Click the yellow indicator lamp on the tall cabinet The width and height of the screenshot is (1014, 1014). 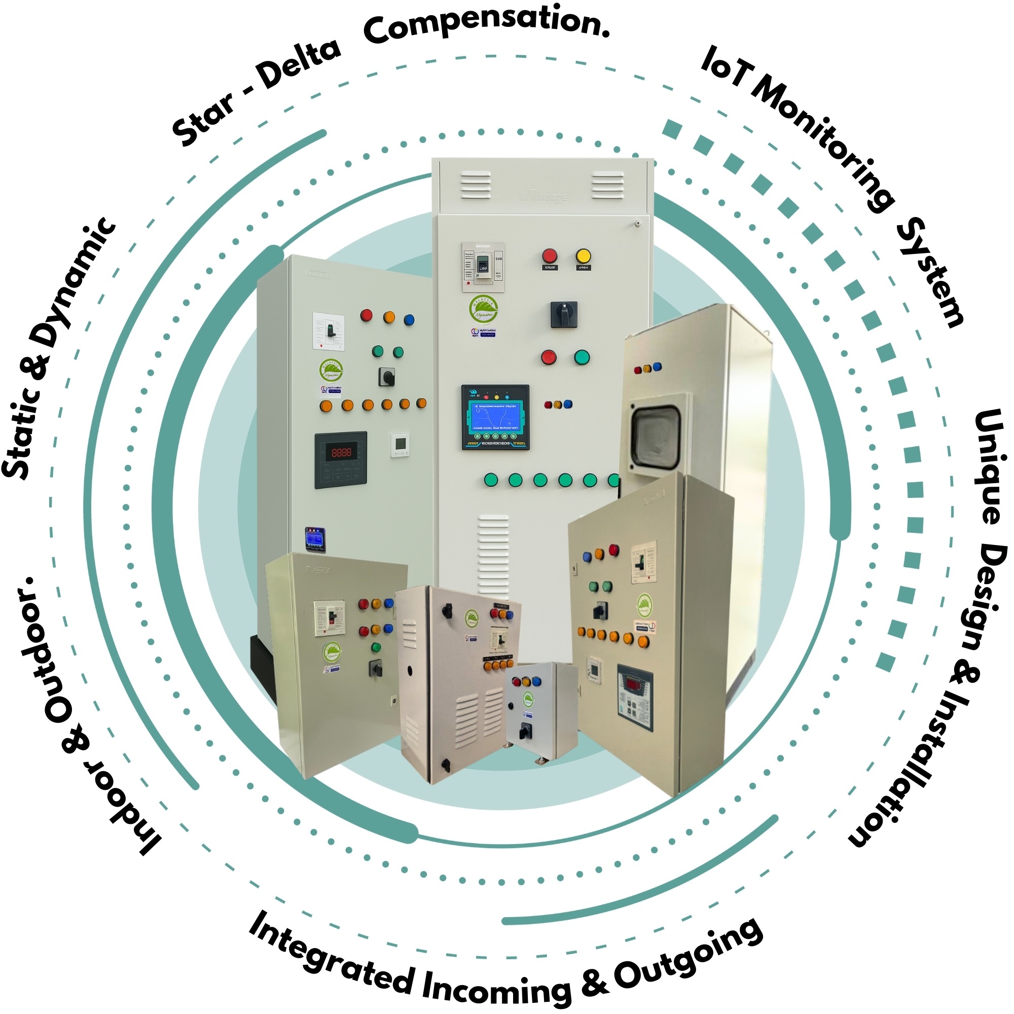tap(583, 256)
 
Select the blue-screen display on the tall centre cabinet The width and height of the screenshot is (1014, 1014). tap(495, 417)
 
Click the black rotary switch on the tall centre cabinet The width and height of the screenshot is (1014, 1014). tap(564, 314)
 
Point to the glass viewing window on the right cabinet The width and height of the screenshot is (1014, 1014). tap(656, 437)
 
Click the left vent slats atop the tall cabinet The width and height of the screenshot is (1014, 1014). tap(476, 185)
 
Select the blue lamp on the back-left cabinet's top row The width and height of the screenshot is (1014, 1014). tap(409, 319)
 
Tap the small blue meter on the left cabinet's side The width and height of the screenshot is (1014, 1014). tap(315, 538)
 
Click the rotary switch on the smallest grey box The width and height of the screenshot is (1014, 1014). tap(524, 732)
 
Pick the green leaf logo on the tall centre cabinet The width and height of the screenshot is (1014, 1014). tap(483, 310)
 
